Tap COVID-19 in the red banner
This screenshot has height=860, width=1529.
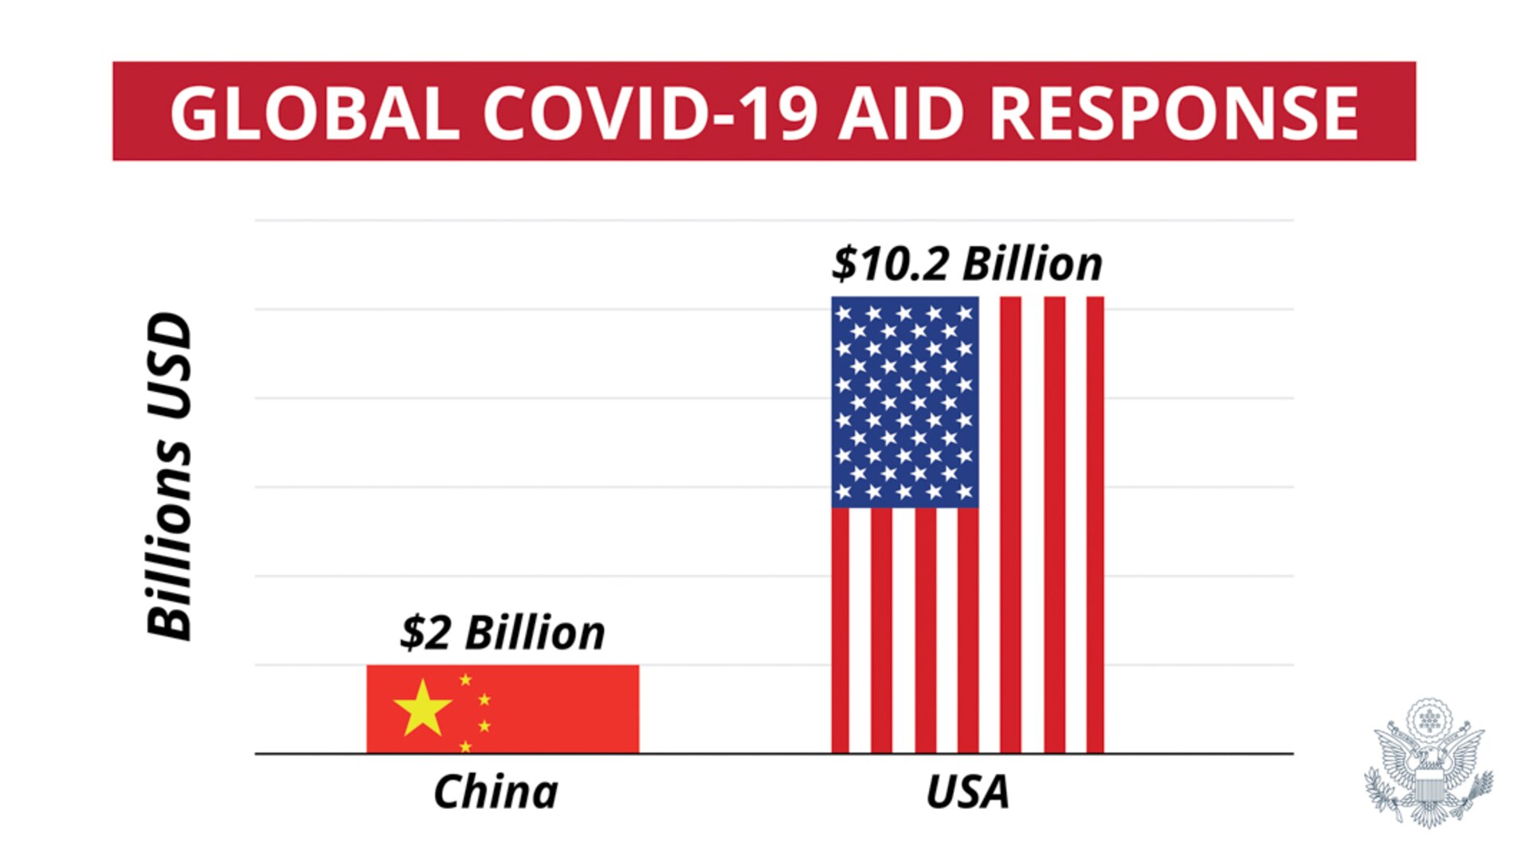(650, 113)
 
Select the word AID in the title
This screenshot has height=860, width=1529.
(902, 113)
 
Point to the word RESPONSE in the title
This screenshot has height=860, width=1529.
(1174, 113)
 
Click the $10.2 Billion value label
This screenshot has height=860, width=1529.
(967, 264)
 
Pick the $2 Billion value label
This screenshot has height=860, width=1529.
(502, 633)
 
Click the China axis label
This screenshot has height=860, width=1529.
(496, 792)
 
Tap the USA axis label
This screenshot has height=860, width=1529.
(967, 792)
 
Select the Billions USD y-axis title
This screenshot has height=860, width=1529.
(169, 475)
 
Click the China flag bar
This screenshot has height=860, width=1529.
(542, 709)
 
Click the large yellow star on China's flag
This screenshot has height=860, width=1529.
(422, 707)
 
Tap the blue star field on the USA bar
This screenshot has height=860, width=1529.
(904, 402)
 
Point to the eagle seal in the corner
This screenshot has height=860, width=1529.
(1429, 764)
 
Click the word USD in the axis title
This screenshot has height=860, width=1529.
(169, 365)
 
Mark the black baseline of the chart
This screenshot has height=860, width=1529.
(773, 753)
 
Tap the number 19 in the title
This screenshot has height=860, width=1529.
(785, 113)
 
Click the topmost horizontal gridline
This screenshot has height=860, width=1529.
(773, 220)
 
